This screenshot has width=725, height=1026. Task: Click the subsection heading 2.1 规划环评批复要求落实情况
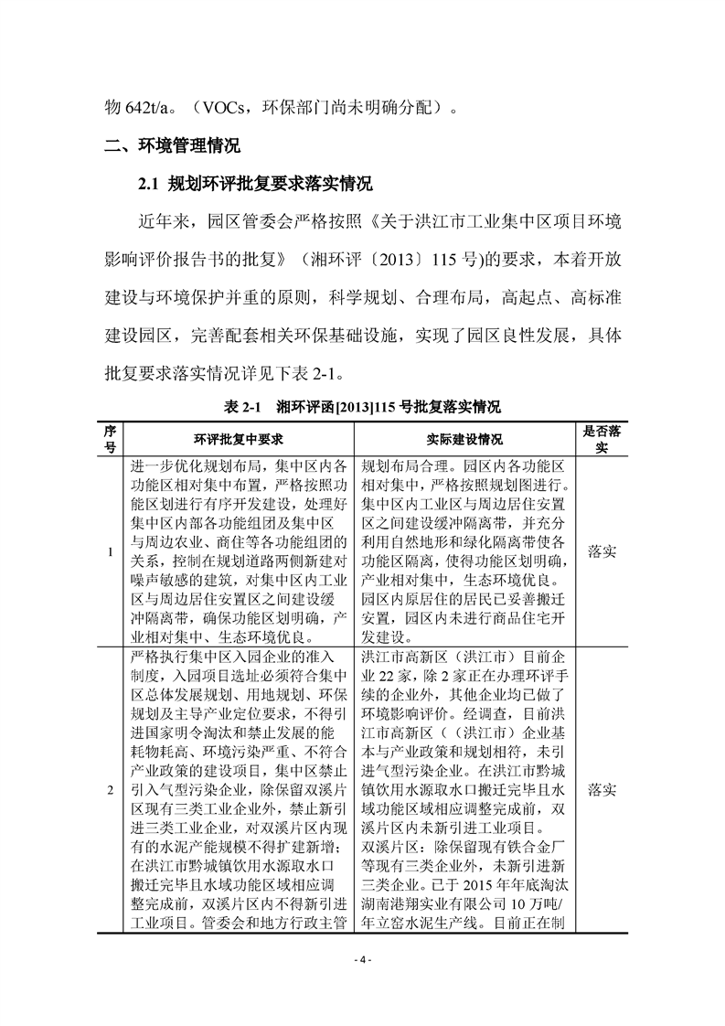click(x=255, y=184)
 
